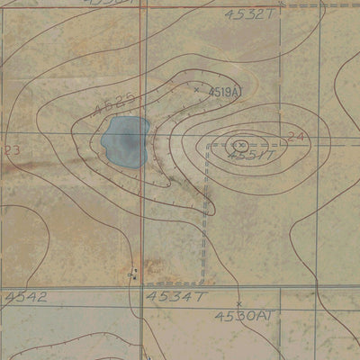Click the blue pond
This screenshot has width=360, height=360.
pos(123,141)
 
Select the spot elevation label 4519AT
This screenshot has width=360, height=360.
pos(224,92)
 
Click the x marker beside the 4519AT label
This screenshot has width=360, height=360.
pos(196,89)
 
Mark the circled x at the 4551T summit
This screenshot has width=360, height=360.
pos(241,144)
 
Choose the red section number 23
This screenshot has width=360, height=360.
pos(12,149)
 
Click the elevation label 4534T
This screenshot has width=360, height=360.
pos(177,296)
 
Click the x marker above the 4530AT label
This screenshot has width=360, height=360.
pos(238,303)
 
